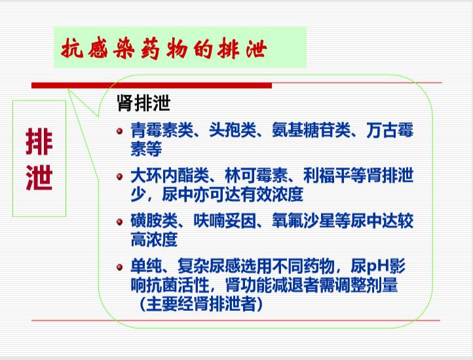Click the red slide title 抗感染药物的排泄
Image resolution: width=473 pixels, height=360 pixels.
click(164, 49)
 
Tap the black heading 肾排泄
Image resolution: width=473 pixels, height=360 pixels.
click(143, 104)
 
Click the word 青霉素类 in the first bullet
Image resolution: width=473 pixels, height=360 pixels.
click(162, 130)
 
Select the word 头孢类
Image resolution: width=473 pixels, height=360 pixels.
click(233, 130)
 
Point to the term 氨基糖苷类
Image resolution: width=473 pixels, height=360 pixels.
click(311, 130)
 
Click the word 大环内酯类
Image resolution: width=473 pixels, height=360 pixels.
click(170, 176)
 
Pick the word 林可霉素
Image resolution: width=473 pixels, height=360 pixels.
click(256, 176)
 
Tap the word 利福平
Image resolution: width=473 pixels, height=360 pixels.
click(327, 176)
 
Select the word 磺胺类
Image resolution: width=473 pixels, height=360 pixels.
click(154, 221)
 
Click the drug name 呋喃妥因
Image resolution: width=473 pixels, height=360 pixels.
click(225, 221)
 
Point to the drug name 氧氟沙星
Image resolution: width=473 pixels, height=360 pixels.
click(303, 221)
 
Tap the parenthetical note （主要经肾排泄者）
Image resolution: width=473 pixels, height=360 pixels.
click(201, 304)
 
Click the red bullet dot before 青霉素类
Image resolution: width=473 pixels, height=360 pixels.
click(119, 131)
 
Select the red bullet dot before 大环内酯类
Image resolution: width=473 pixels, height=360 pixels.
click(119, 176)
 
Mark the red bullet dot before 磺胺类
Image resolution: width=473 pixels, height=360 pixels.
click(119, 222)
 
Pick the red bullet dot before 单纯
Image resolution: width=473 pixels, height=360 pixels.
click(119, 268)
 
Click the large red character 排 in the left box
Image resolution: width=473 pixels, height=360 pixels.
click(39, 142)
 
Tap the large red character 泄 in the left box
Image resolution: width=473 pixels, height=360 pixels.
click(39, 177)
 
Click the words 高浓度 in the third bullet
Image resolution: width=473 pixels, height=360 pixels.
click(154, 239)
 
